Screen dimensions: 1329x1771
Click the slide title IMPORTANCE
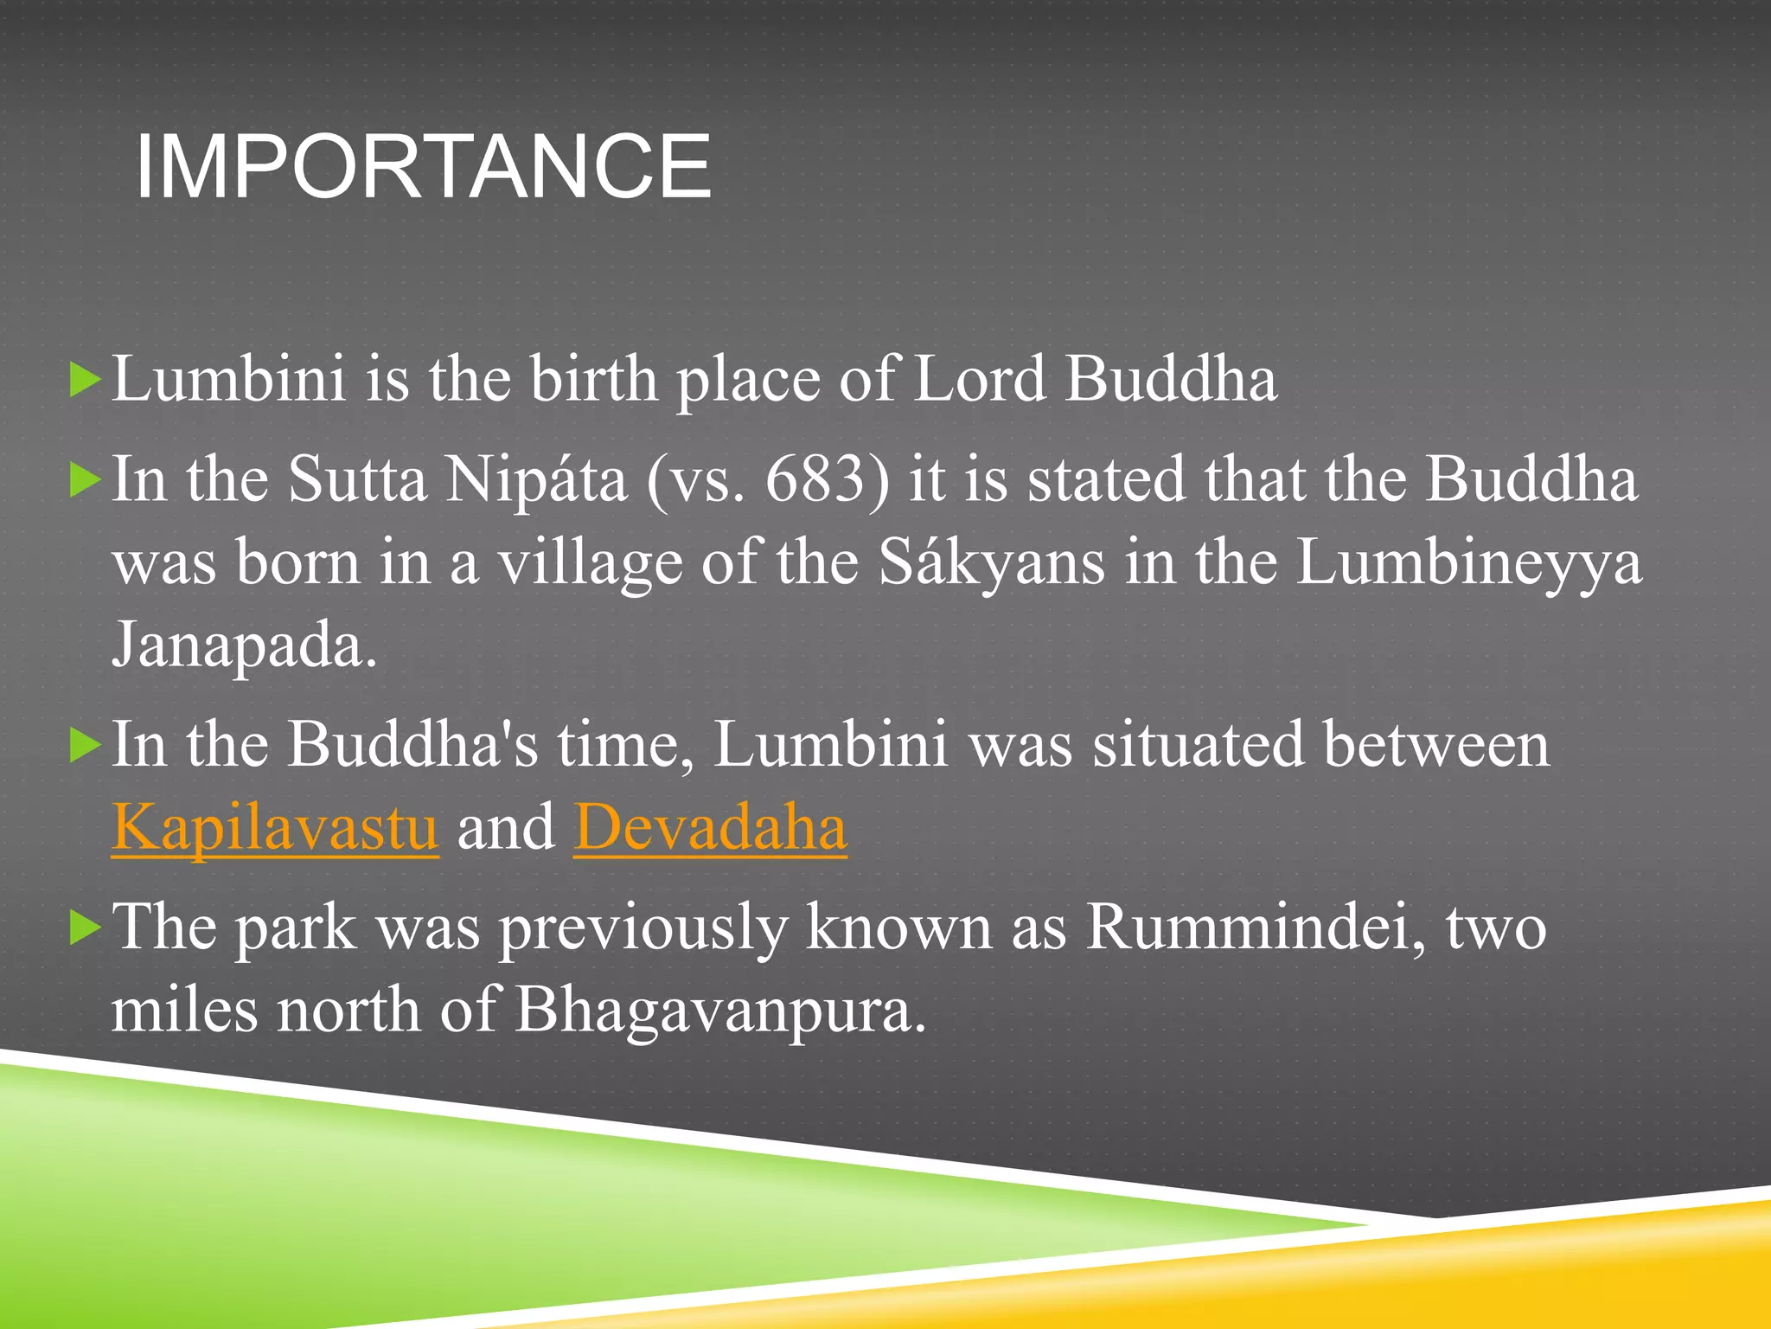423,167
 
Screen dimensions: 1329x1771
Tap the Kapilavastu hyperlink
275,828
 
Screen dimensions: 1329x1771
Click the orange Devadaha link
710,828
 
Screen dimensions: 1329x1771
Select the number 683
815,479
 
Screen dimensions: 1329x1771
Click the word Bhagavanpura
720,1011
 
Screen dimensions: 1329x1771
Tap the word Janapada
245,646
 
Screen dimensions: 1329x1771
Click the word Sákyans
992,563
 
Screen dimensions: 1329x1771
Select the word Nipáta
535,479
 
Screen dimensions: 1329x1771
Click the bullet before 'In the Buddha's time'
85,745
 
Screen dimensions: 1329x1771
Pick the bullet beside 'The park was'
85,928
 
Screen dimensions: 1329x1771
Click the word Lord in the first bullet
979,379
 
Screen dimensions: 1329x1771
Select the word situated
1198,745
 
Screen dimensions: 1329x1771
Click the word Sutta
357,479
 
